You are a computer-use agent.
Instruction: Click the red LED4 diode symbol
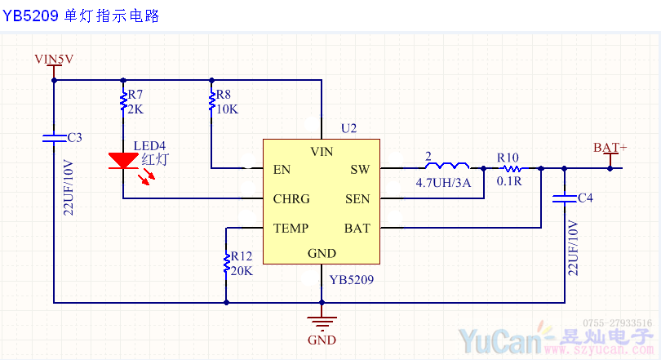point(122,162)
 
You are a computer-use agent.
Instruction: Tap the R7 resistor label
point(135,96)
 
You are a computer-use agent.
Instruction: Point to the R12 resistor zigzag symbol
point(225,263)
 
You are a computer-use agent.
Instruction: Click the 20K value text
point(242,271)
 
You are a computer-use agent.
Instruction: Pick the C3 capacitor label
point(74,137)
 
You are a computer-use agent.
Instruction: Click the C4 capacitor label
point(585,198)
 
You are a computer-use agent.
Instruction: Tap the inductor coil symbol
point(446,164)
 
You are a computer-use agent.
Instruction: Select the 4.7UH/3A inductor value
point(443,183)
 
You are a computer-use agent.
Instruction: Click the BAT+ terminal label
point(610,148)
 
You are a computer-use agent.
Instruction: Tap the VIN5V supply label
point(54,59)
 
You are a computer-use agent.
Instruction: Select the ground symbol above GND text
point(322,319)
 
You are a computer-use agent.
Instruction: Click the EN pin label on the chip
point(282,170)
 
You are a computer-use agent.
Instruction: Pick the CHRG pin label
point(291,199)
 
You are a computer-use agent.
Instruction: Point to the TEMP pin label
point(291,229)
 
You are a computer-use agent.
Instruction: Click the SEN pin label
point(357,199)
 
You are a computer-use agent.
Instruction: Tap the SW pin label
point(360,170)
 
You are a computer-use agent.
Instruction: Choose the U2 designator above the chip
point(348,129)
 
